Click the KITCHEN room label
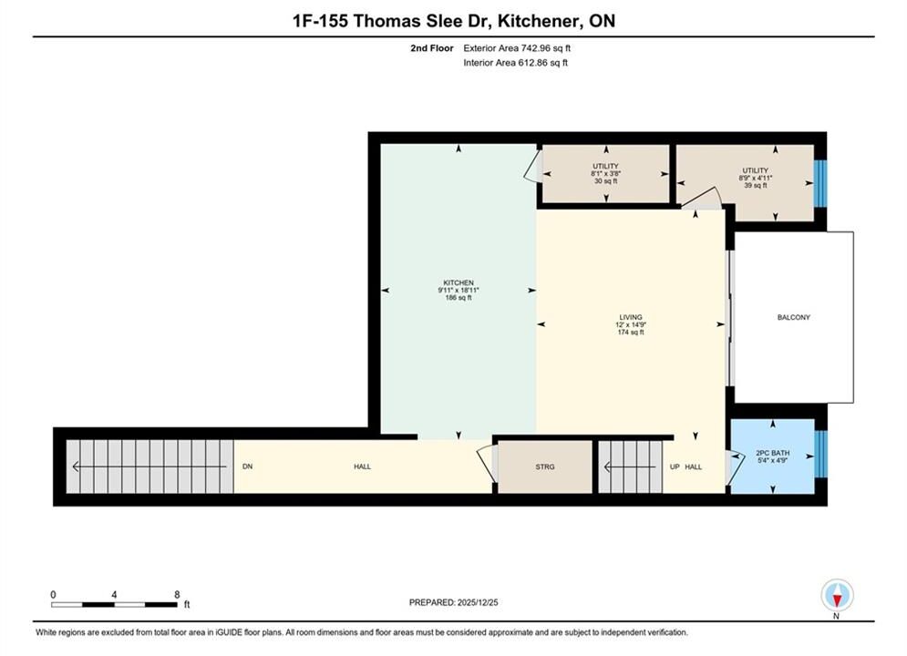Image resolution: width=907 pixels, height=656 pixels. tap(459, 282)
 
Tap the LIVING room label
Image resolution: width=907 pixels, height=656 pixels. tap(631, 317)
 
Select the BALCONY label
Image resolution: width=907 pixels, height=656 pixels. tap(794, 317)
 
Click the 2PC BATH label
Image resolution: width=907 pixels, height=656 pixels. tap(773, 453)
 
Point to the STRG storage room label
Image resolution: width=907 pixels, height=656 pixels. tap(545, 466)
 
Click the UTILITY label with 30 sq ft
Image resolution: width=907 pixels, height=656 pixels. tap(605, 167)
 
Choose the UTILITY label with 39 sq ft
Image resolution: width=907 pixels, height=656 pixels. tap(756, 170)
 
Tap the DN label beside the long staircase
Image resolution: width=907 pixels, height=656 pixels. tap(248, 466)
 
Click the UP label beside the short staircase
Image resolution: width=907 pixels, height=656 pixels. tap(675, 466)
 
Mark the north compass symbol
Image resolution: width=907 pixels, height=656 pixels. tap(837, 595)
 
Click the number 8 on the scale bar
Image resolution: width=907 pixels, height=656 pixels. tap(177, 594)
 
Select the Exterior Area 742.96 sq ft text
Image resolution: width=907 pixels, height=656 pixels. tap(517, 48)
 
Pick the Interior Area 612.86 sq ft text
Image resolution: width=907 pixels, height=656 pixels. tap(515, 63)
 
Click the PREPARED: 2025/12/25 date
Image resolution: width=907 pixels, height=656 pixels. tap(454, 602)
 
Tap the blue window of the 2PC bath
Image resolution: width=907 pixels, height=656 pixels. tap(820, 454)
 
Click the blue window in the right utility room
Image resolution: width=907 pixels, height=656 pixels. tap(820, 183)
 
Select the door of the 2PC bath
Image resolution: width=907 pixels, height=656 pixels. tap(736, 467)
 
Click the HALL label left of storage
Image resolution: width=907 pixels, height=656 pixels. tap(363, 466)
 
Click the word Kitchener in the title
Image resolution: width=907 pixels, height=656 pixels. tap(540, 21)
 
